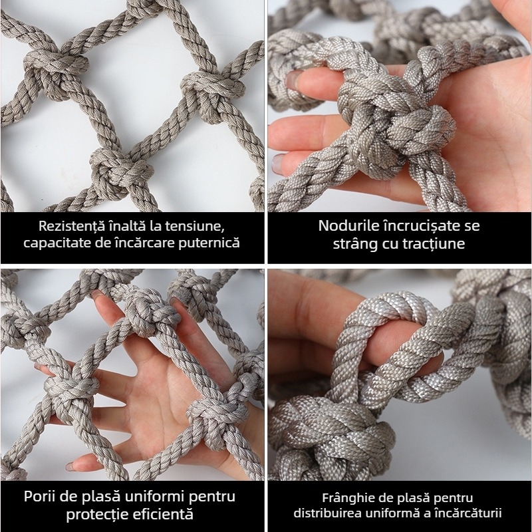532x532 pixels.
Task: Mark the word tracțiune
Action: [435, 243]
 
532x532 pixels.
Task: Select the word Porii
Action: [42, 496]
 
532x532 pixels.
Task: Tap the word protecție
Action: [100, 514]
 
